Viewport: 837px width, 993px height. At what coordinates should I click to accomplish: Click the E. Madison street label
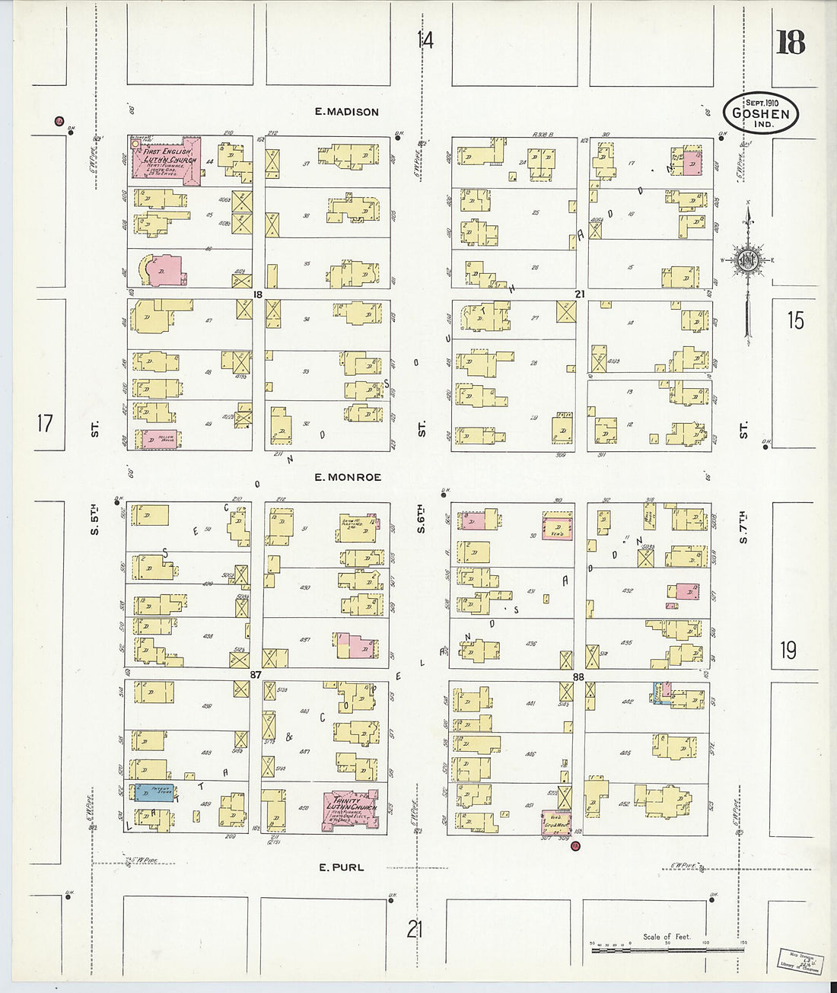point(347,112)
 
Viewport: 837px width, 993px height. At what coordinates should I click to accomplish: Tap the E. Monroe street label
point(347,477)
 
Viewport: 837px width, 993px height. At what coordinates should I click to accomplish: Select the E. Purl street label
point(341,867)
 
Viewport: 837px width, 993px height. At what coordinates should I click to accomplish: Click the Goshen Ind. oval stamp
point(760,113)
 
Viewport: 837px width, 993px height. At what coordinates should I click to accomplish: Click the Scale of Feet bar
point(667,949)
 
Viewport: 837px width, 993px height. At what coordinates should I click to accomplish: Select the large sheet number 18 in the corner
point(791,43)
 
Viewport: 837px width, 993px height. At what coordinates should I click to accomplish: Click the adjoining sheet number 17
point(45,422)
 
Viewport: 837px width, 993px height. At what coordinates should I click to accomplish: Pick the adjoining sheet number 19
point(788,651)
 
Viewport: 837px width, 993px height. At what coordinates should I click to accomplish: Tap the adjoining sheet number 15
point(795,320)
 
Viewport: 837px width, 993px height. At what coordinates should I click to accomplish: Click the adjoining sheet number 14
point(425,40)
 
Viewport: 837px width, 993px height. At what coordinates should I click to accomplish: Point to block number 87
point(256,675)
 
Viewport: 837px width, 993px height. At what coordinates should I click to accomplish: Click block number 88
point(578,676)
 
